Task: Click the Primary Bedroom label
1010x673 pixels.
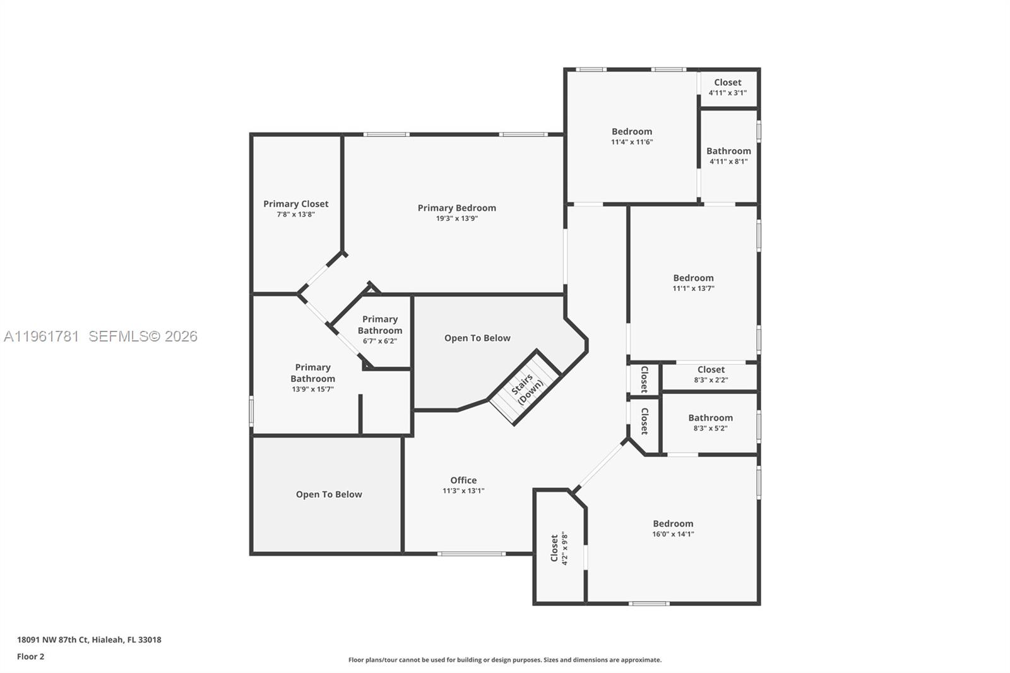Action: tap(456, 208)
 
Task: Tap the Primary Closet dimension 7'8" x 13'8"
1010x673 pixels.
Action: tap(295, 215)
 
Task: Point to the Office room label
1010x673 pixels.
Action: tap(463, 480)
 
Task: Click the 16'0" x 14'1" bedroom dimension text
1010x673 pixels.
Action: tap(673, 534)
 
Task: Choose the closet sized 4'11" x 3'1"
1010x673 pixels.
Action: tap(727, 87)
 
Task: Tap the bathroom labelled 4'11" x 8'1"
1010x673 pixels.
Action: tap(728, 155)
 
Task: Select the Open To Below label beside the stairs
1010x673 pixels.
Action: tap(477, 338)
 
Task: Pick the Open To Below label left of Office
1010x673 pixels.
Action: tap(329, 494)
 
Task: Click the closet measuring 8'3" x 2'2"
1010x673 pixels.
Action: tap(711, 374)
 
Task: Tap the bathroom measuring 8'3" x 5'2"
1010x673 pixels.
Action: tap(710, 422)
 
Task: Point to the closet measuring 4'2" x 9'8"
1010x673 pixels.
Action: tap(559, 547)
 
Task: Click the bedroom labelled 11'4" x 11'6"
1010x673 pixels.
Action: tap(631, 136)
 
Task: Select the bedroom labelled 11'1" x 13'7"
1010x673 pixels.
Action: tap(693, 282)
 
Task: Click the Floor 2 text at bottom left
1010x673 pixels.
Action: tap(30, 657)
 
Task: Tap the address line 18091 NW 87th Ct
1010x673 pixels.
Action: tap(89, 640)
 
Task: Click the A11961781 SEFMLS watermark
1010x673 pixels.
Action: tap(100, 336)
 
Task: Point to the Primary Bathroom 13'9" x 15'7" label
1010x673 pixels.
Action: tap(312, 378)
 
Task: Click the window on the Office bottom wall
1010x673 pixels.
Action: tap(471, 554)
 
